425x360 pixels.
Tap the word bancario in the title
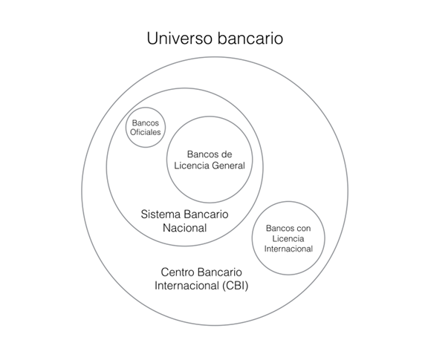[250, 38]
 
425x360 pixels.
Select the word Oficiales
[146, 132]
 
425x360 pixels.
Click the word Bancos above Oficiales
[146, 123]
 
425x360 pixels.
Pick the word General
[229, 166]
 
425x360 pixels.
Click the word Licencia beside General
[192, 166]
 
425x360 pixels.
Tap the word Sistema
[160, 214]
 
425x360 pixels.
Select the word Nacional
[184, 228]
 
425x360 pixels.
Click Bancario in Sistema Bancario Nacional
[206, 214]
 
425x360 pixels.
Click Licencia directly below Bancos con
[288, 238]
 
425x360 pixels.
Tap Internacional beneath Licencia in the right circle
[288, 249]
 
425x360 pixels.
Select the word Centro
[177, 272]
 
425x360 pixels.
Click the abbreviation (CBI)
[236, 286]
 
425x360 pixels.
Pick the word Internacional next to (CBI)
[186, 286]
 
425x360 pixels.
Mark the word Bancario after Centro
[219, 272]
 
